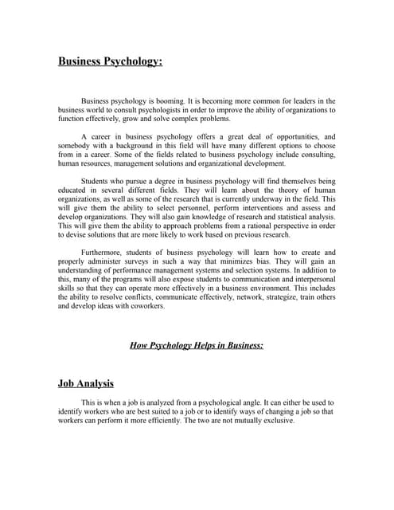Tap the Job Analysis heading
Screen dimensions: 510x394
coord(86,383)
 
